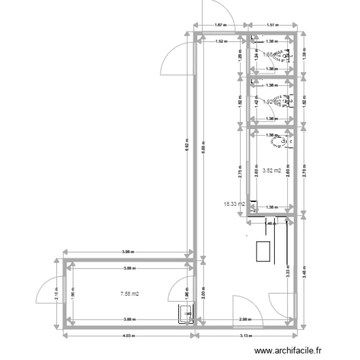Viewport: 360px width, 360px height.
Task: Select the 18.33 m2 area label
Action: coord(234,204)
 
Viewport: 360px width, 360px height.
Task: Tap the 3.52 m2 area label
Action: coord(272,170)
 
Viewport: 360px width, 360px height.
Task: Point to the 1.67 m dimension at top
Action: coord(220,25)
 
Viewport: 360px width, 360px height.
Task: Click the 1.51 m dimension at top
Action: coord(273,25)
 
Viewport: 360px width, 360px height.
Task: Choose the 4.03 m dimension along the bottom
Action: coord(128,336)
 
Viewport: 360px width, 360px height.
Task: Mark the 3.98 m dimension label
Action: coord(128,251)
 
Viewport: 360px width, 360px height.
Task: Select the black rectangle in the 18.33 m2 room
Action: coord(263,251)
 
